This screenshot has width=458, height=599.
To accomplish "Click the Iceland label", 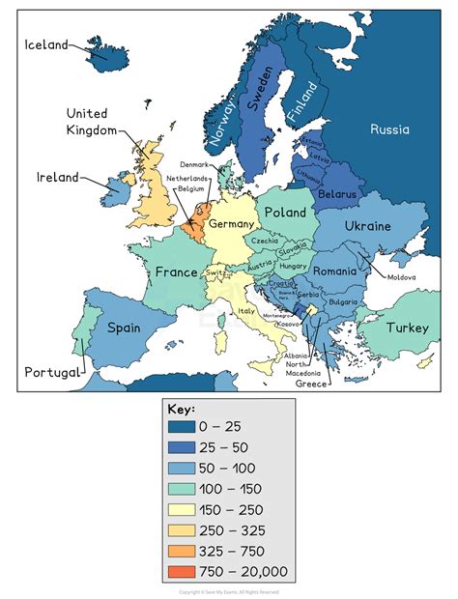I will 46,44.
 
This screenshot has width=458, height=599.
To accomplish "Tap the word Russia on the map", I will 389,129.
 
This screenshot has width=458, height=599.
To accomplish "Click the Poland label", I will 285,212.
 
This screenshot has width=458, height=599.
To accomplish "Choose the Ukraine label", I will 367,226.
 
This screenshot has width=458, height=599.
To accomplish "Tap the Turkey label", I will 407,328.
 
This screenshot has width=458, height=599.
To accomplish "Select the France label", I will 176,272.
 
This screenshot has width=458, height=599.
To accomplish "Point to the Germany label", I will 231,223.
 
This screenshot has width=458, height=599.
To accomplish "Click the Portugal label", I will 52,372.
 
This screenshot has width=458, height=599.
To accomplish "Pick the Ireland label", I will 57,178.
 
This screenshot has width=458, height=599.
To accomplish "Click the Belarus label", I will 336,194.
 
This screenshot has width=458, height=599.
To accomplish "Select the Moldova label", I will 401,277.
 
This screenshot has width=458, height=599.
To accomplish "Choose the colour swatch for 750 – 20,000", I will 180,571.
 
